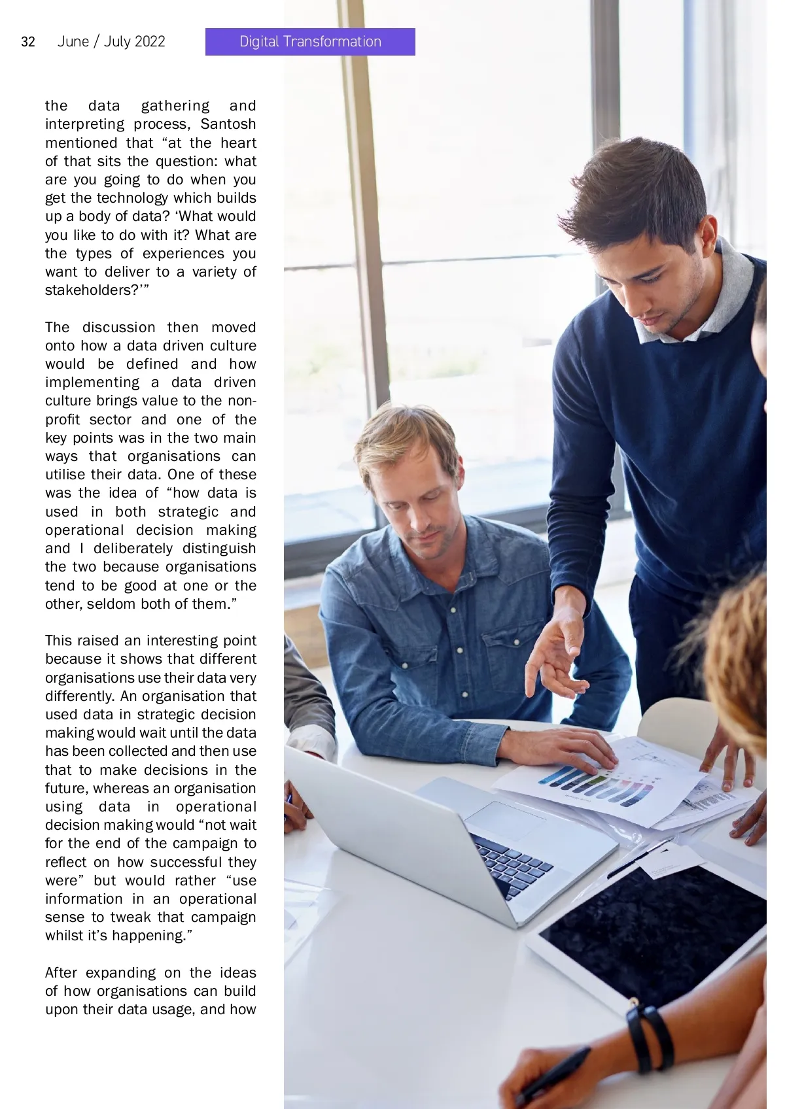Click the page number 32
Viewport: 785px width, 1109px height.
(x=28, y=42)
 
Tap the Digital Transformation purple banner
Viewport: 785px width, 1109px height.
(x=310, y=42)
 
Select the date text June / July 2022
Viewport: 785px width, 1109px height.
(x=111, y=42)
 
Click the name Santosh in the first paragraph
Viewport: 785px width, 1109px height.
(x=228, y=124)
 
